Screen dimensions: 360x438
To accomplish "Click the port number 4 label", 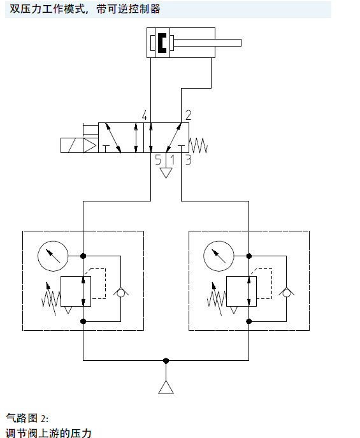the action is pos(144,115).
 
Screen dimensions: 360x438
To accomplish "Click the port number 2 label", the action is pos(189,115).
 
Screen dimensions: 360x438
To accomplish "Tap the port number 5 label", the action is pos(158,159).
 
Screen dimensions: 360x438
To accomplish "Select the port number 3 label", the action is pos(189,159).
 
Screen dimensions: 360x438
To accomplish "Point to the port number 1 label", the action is pos(173,159).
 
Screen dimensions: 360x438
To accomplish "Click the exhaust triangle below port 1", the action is pos(166,173).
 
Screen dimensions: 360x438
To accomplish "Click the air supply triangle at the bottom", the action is pos(166,387).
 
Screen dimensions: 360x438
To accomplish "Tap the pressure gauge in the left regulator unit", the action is pos(53,256).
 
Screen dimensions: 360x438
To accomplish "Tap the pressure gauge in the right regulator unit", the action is pos(219,256).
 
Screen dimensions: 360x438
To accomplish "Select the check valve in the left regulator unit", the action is pos(120,292).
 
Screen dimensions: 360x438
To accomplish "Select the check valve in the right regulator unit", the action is pos(286,292).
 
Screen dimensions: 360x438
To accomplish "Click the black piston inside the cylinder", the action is pos(162,43).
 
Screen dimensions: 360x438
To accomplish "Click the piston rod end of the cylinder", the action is pos(241,43).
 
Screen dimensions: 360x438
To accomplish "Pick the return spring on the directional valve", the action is pos(198,145).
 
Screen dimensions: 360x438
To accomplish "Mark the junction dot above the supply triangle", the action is pos(166,361).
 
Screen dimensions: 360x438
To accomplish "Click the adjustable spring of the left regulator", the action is pos(51,299).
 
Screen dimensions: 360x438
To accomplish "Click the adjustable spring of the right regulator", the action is pos(217,299).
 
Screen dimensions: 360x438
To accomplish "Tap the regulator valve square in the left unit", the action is pos(76,291).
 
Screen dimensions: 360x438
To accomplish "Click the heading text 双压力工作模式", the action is pos(47,9).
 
